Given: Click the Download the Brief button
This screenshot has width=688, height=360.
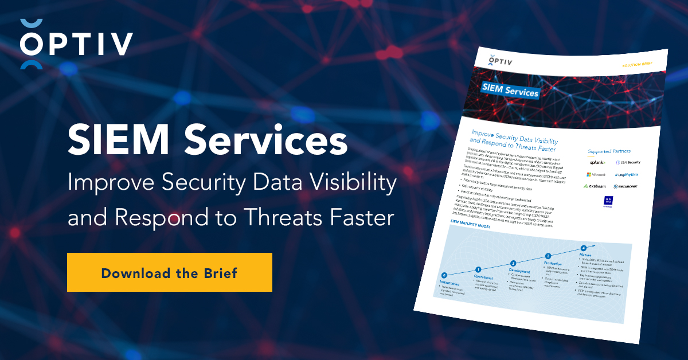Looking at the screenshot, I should pyautogui.click(x=169, y=272).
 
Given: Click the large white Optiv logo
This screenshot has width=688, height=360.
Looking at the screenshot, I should pyautogui.click(x=76, y=44).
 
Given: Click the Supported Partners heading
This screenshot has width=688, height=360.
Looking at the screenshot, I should pyautogui.click(x=609, y=151).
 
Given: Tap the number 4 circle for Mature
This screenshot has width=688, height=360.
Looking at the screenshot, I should pyautogui.click(x=583, y=248).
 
